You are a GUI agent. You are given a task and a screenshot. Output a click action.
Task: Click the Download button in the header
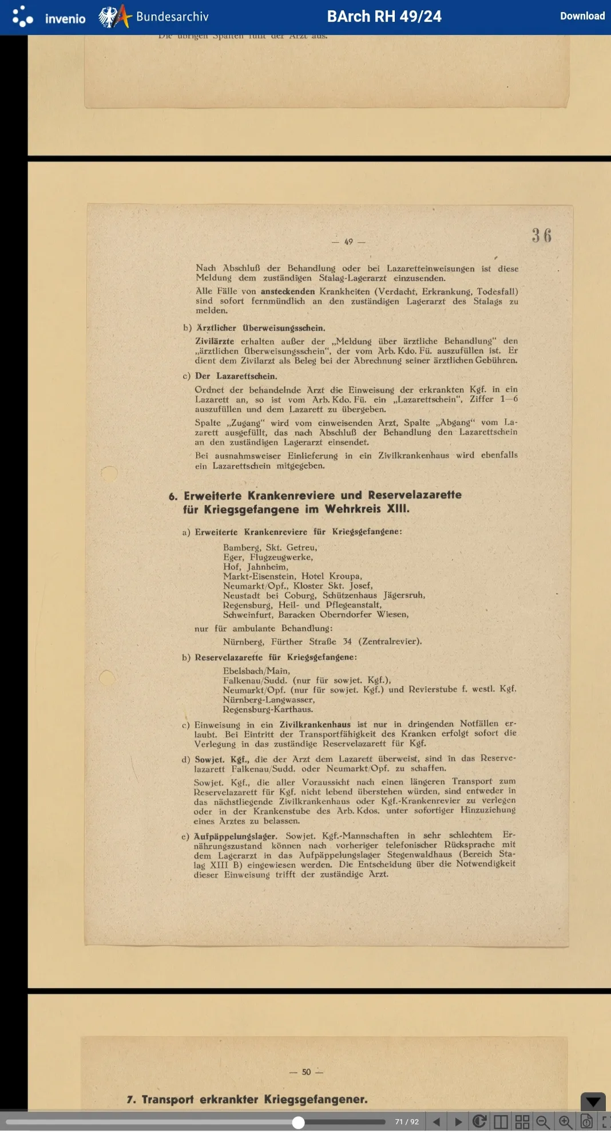pyautogui.click(x=582, y=16)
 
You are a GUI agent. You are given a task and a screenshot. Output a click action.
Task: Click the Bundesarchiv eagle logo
pyautogui.click(x=109, y=17)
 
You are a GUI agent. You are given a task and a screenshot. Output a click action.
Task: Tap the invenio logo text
pyautogui.click(x=65, y=19)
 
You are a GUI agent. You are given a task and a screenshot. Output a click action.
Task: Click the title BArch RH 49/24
pyautogui.click(x=384, y=16)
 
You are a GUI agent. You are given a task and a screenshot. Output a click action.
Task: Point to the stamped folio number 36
pyautogui.click(x=541, y=235)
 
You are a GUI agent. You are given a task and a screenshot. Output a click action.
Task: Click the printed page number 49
pyautogui.click(x=348, y=242)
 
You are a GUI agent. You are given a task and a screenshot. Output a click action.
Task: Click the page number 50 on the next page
pyautogui.click(x=306, y=1072)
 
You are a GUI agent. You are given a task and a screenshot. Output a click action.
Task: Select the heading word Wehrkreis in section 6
pyautogui.click(x=352, y=509)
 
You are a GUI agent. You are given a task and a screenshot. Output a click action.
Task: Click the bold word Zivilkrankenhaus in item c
pyautogui.click(x=315, y=724)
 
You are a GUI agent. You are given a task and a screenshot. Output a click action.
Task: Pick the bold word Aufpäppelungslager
pyautogui.click(x=235, y=836)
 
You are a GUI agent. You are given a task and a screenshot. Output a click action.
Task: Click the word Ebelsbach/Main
pyautogui.click(x=256, y=670)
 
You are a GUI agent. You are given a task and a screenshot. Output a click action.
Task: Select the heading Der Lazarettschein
pyautogui.click(x=236, y=376)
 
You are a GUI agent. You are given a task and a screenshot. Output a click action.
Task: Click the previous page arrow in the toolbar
pyautogui.click(x=437, y=1121)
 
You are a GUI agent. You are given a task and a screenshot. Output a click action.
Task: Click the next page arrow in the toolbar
pyautogui.click(x=458, y=1121)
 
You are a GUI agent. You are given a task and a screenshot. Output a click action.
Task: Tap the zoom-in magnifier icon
pyautogui.click(x=565, y=1121)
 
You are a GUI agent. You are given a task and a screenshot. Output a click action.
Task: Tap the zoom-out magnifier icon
pyautogui.click(x=543, y=1121)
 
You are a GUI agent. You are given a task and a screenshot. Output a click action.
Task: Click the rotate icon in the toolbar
pyautogui.click(x=479, y=1121)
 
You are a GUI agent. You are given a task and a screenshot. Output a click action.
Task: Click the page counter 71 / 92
pyautogui.click(x=407, y=1121)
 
